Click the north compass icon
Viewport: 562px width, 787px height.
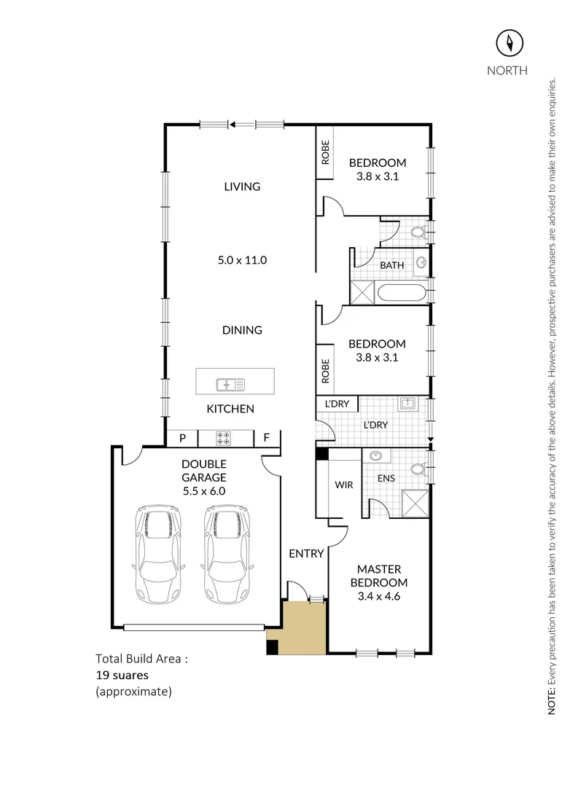click(510, 43)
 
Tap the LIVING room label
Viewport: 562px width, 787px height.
click(242, 187)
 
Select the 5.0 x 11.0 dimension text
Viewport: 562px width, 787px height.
click(242, 260)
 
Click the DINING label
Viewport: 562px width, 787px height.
click(242, 330)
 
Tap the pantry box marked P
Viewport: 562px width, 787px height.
click(183, 438)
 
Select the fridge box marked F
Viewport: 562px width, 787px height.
click(267, 438)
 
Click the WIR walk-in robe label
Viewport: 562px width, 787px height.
click(343, 485)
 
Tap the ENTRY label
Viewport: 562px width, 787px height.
click(305, 554)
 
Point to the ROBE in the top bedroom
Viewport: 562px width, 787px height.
click(326, 152)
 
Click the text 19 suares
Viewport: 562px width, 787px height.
click(122, 675)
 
